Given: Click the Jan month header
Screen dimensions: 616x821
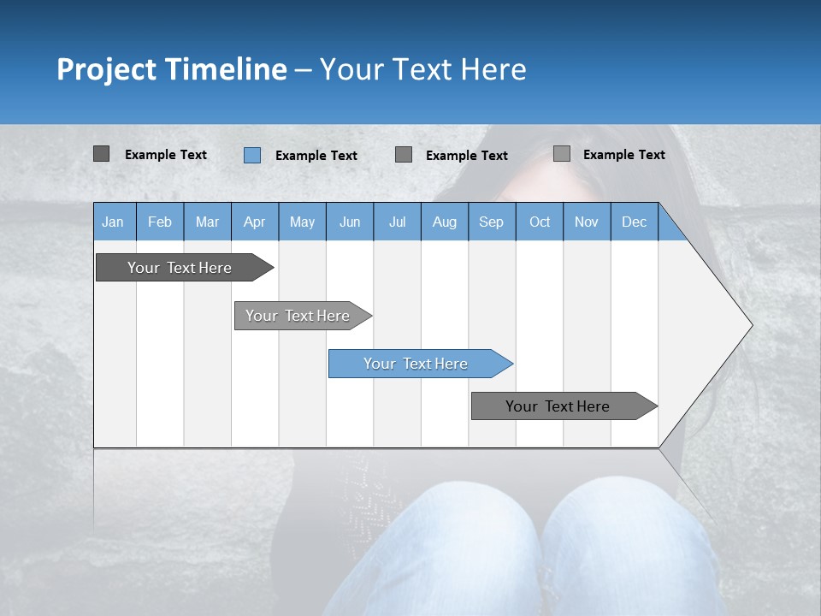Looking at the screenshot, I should (x=113, y=222).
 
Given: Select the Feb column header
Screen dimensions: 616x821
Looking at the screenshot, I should (x=160, y=222).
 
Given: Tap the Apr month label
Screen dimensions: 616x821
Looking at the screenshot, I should (x=254, y=222).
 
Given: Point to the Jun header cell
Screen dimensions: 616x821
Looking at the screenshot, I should (x=350, y=222).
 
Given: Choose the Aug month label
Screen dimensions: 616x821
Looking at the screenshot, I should (x=445, y=222).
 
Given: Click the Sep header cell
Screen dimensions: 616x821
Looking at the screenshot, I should (x=491, y=222).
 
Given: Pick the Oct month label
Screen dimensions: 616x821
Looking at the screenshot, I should (x=540, y=222).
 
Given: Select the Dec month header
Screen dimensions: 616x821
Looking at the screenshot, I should (x=634, y=222).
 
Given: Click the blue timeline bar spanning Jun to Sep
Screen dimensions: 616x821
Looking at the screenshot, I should (x=416, y=364).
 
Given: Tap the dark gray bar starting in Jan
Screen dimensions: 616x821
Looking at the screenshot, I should (x=180, y=268).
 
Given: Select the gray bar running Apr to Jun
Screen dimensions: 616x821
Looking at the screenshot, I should (x=298, y=316).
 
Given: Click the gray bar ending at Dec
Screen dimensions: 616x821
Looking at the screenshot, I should (x=558, y=406).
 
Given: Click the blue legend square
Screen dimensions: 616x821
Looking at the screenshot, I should (x=251, y=155).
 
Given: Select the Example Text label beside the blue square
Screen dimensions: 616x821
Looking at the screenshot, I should (x=316, y=156).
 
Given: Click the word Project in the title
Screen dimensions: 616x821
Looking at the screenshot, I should (x=107, y=69).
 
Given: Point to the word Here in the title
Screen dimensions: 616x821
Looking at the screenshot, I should (x=493, y=69).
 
